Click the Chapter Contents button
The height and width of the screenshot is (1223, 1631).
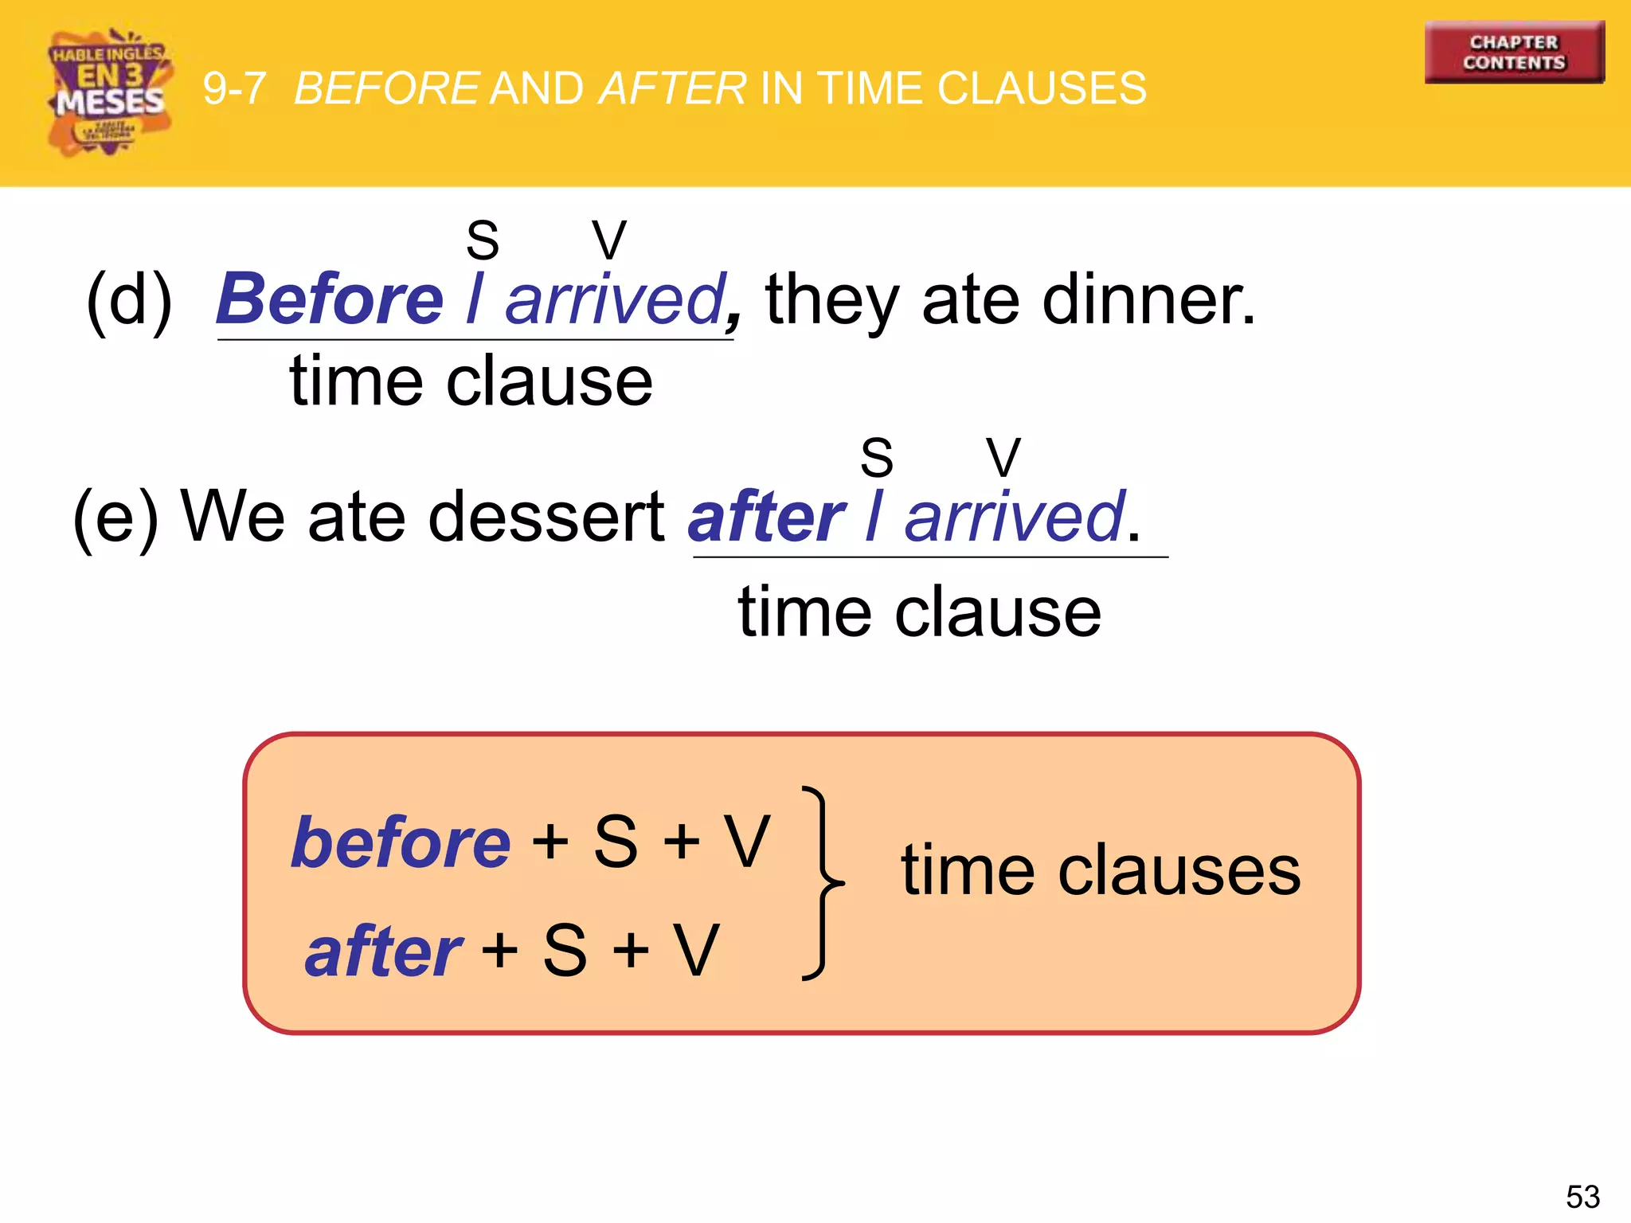1514,53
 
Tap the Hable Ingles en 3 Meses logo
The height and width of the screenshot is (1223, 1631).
109,92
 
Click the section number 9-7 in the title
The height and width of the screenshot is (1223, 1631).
234,88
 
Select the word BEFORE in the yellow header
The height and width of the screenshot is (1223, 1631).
386,88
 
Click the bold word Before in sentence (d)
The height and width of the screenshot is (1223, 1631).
330,299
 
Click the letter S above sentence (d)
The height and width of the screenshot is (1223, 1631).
483,240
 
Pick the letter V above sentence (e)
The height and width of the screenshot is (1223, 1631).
1003,458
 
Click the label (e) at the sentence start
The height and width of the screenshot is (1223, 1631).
115,518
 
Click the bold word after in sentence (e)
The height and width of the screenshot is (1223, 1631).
766,518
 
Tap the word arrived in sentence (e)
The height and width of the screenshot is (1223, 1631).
1015,518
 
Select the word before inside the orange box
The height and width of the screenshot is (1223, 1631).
401,842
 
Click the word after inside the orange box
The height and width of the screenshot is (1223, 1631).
383,951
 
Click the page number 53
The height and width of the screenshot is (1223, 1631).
1582,1197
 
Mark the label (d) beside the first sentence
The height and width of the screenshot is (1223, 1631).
129,300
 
